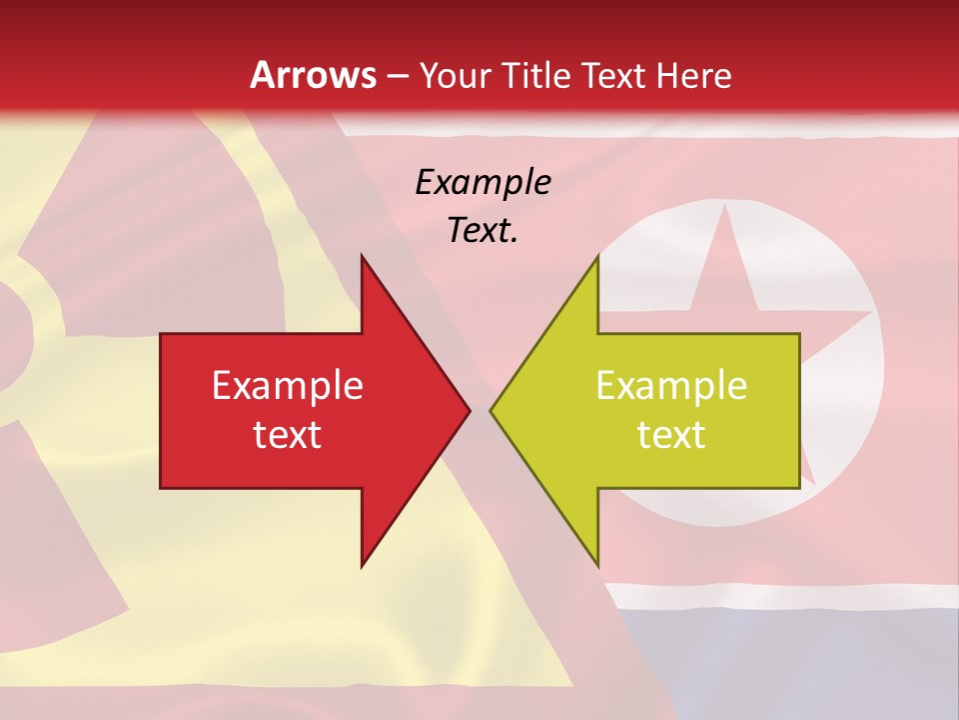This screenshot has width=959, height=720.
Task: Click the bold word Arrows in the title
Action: tap(314, 75)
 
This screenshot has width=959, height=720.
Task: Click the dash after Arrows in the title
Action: tap(397, 76)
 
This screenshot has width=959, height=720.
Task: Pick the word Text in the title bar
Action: tap(612, 75)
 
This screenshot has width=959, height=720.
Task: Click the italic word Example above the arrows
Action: tap(482, 183)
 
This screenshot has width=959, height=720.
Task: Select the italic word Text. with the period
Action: tap(482, 231)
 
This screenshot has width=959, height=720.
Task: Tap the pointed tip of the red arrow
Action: tap(470, 410)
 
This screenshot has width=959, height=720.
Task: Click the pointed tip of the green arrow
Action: tap(490, 410)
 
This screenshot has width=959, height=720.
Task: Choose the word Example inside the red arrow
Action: tap(288, 385)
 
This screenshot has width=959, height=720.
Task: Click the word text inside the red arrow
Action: tap(288, 435)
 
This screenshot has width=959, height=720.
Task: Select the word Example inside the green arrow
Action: tap(671, 385)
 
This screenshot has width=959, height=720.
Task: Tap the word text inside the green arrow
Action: tap(671, 435)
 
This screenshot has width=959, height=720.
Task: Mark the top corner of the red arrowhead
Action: tap(362, 255)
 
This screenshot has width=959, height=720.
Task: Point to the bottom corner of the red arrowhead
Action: tap(362, 566)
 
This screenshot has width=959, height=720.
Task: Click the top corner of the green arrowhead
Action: tap(597, 255)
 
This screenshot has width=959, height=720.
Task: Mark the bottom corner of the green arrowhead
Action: tap(597, 566)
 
